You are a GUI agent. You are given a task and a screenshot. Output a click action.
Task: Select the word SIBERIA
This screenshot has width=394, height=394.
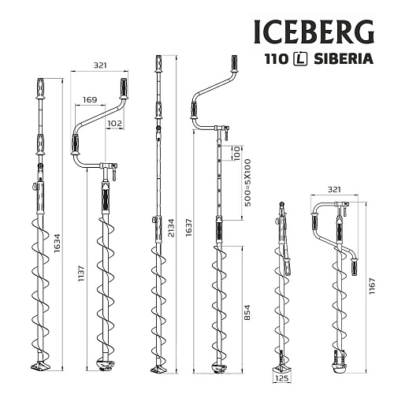point(343,59)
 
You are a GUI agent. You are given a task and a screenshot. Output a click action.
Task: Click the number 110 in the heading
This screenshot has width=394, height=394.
point(276,59)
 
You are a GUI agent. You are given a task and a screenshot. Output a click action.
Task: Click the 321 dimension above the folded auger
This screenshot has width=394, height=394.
point(334,190)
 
